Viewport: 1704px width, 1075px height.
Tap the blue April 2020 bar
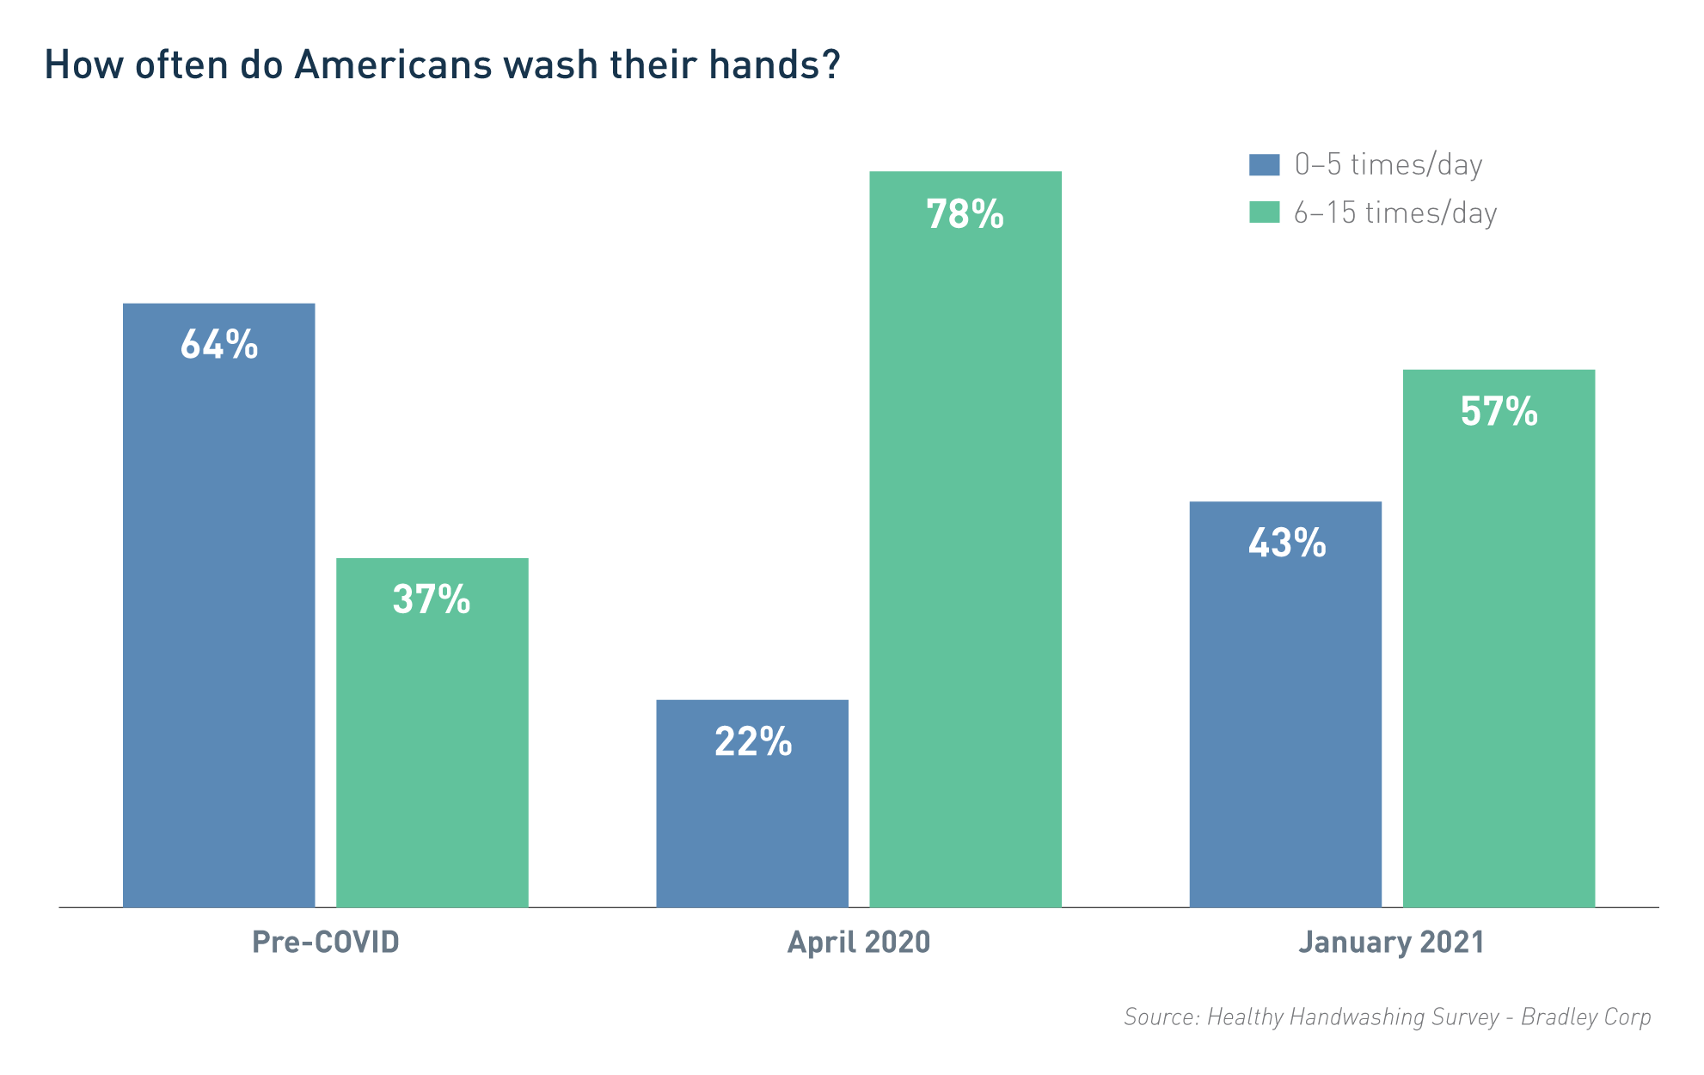pos(751,826)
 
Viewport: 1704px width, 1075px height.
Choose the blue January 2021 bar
pos(1285,731)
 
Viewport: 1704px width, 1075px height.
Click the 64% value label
pos(218,345)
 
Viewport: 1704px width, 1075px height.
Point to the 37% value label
pos(432,599)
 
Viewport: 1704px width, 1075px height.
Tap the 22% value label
pos(752,741)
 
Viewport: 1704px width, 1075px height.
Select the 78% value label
pos(965,214)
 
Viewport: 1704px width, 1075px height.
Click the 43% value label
pos(1286,543)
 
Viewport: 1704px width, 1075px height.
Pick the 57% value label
pos(1499,411)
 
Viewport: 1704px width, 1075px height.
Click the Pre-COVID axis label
pos(326,943)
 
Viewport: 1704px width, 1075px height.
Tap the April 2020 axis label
pos(859,943)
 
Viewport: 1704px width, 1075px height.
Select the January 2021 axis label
pos(1391,943)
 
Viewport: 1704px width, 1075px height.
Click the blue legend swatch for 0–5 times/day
pos(1264,164)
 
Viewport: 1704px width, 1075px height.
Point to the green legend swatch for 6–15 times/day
pos(1264,212)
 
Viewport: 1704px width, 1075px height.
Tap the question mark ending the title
pos(830,64)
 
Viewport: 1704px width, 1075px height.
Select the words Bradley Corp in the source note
pos(1585,1017)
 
